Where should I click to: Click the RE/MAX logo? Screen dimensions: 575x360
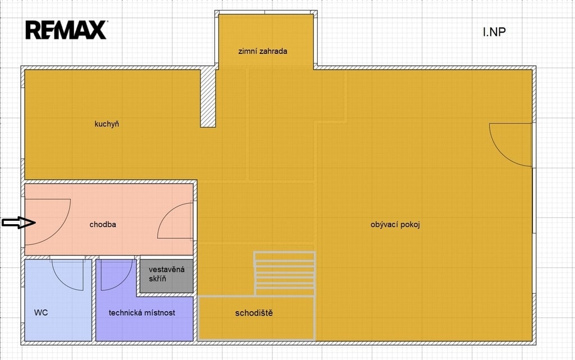(x=66, y=30)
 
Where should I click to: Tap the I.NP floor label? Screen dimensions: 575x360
(x=494, y=32)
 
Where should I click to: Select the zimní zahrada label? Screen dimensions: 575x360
(x=263, y=51)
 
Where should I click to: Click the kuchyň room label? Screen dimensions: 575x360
(x=107, y=124)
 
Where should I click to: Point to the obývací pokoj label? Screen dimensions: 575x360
(x=395, y=224)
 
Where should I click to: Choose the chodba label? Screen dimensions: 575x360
(x=103, y=224)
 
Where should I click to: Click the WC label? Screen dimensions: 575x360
(x=40, y=313)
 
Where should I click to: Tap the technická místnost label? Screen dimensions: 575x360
(x=142, y=313)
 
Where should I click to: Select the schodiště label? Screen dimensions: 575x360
(x=254, y=313)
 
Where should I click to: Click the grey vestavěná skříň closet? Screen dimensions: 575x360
(x=167, y=276)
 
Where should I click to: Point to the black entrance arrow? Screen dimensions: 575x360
(x=19, y=222)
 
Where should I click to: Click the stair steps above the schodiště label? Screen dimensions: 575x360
(x=285, y=273)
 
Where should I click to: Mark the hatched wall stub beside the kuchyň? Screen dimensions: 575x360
(x=208, y=97)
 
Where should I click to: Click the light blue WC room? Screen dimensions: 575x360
(x=58, y=300)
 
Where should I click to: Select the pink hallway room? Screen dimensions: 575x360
(x=109, y=219)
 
